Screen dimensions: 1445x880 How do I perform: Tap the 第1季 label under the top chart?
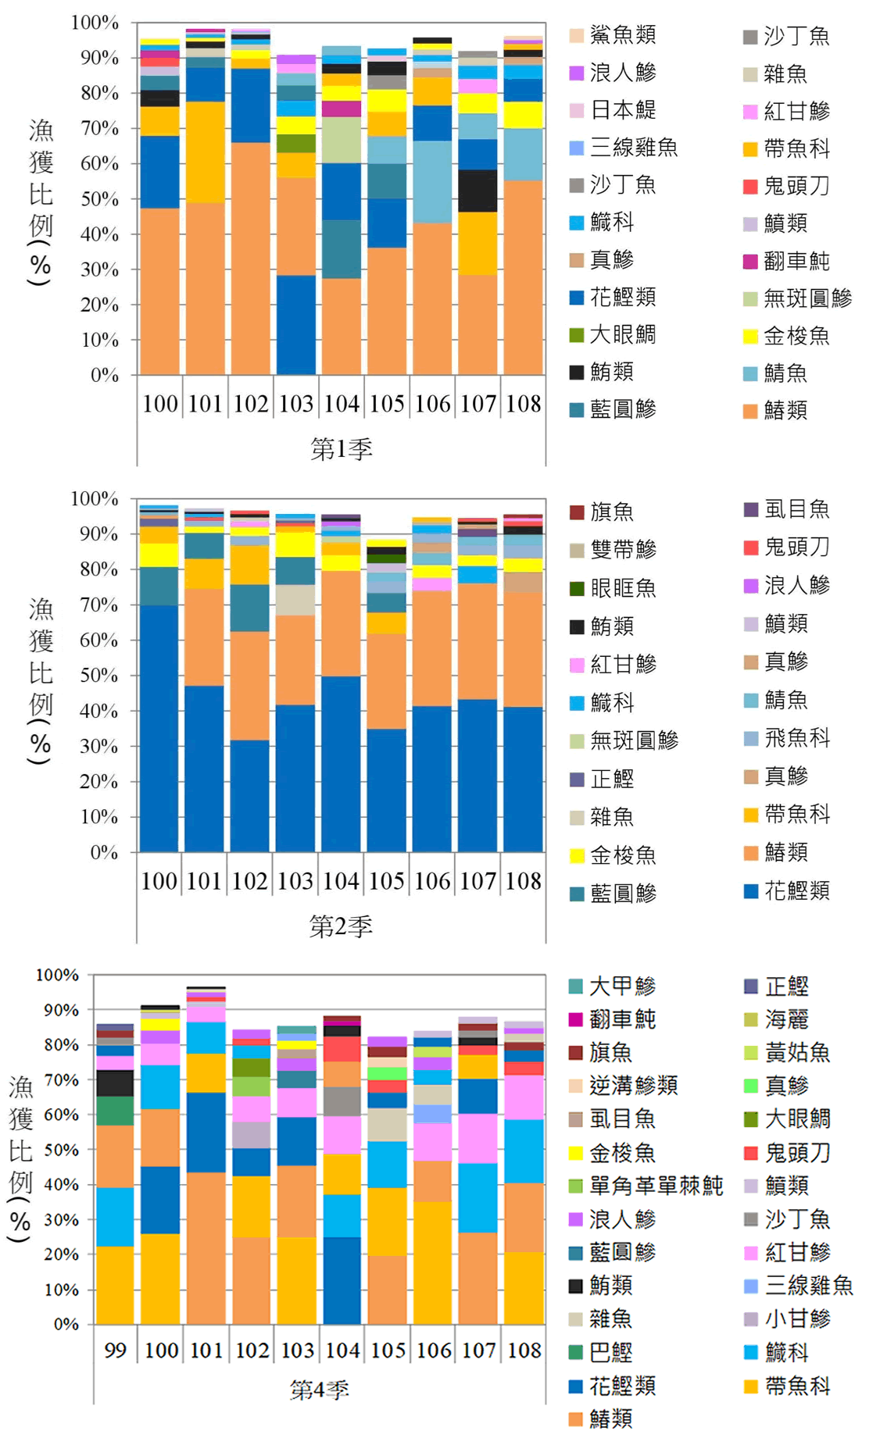click(x=342, y=448)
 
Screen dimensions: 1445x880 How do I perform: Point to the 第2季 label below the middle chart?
click(x=341, y=926)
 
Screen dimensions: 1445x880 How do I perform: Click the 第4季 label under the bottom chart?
click(x=319, y=1389)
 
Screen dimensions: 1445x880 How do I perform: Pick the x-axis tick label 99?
click(x=115, y=1350)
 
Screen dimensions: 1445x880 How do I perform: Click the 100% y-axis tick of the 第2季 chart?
click(x=95, y=498)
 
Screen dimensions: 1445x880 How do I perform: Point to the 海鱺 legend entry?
click(x=786, y=1019)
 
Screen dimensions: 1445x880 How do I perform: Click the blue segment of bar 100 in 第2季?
click(x=159, y=726)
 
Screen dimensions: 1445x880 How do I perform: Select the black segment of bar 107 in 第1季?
click(x=478, y=191)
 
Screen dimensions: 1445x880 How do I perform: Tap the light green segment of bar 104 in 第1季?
click(x=342, y=141)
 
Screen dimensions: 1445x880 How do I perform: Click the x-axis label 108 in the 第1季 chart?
click(x=523, y=404)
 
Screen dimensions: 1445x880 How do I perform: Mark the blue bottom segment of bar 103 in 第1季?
click(x=296, y=324)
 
